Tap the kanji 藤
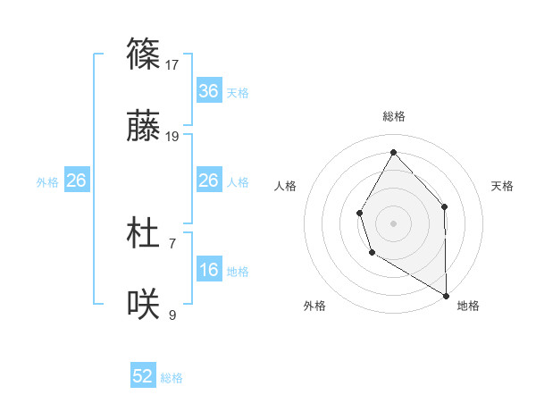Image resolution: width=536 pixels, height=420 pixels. pos(144,129)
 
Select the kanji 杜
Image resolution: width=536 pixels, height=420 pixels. pos(144,234)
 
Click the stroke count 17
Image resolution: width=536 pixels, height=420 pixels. pos(173,64)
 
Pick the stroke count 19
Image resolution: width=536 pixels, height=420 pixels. pos(173,137)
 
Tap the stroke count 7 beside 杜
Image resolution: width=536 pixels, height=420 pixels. pos(172,242)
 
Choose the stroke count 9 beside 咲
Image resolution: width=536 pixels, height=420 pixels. pos(172,315)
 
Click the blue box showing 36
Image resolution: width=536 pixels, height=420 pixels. pos(209,91)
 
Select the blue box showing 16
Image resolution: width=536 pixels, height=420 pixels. pos(209,270)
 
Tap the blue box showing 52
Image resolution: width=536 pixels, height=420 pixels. pos(143,376)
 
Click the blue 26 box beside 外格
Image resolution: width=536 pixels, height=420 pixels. pos(76,181)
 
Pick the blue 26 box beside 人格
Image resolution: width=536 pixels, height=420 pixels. pos(209,181)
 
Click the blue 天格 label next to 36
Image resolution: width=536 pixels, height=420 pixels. pos(238,92)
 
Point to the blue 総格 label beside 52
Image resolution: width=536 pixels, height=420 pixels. pos(172,378)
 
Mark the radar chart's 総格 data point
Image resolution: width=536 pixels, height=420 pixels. pos(393,151)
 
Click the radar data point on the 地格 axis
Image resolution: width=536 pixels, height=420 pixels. pos(446,294)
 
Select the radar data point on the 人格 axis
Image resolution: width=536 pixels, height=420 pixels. pos(359,213)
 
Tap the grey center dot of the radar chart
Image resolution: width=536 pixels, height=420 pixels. pos(393,223)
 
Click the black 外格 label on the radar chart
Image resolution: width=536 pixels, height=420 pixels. pos(314,306)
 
